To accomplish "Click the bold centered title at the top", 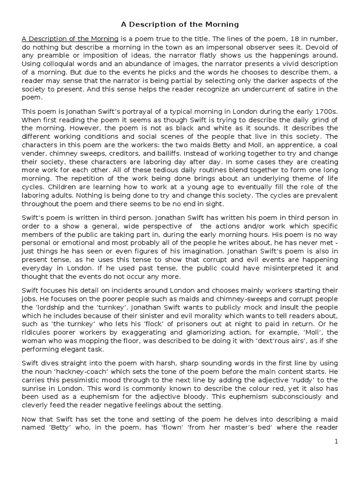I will pyautogui.click(x=180, y=24).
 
